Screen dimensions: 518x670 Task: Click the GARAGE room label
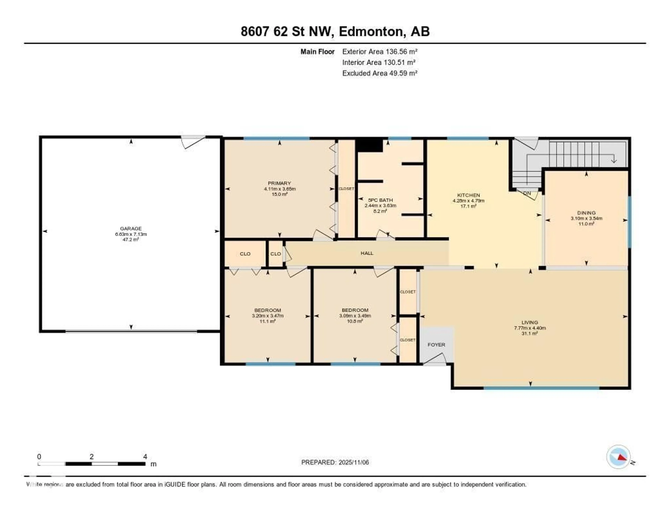tap(131, 228)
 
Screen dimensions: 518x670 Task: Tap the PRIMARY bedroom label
tap(279, 183)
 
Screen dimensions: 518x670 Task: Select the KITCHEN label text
tap(468, 195)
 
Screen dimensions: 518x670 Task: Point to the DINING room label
tap(586, 213)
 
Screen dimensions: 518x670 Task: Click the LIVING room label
tap(530, 322)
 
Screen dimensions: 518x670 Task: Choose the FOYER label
tap(436, 345)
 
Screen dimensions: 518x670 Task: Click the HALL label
tap(367, 253)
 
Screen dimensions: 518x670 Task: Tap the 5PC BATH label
tap(380, 200)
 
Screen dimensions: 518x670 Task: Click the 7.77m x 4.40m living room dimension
tap(530, 328)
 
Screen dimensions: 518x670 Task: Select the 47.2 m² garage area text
tap(131, 239)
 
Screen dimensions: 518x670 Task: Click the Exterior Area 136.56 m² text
tap(380, 52)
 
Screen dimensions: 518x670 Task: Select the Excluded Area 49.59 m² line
tap(380, 73)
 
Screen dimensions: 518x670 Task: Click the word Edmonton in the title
tap(371, 31)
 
